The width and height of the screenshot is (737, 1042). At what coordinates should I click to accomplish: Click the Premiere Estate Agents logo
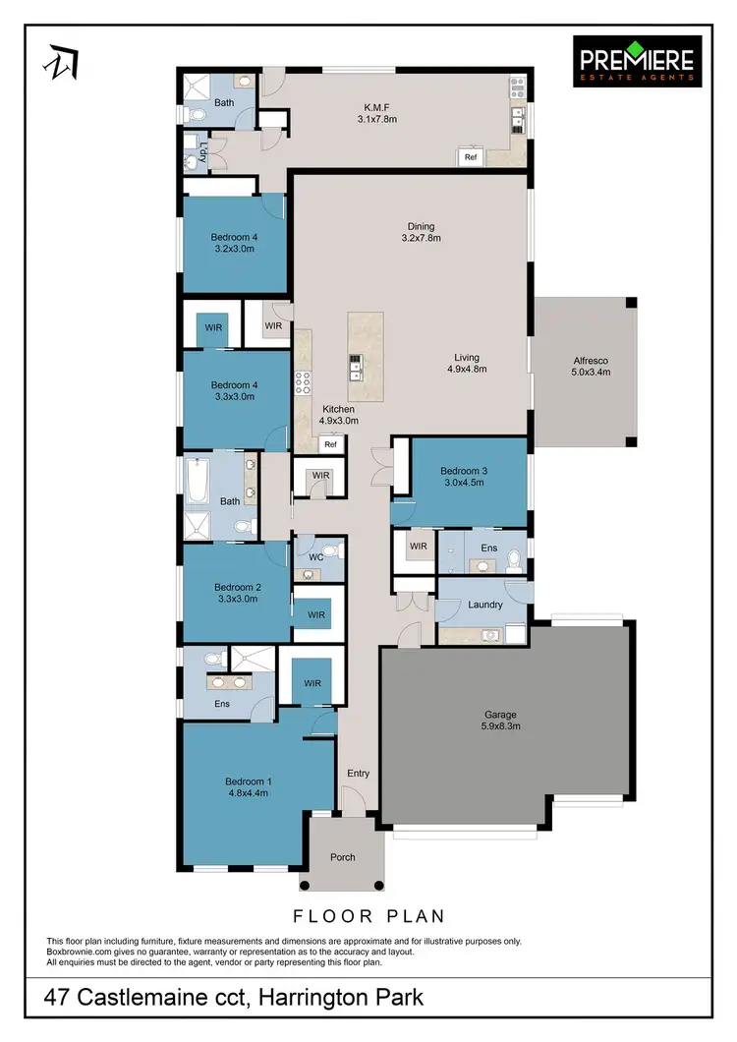(637, 60)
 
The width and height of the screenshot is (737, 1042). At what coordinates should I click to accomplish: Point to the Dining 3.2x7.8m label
(421, 232)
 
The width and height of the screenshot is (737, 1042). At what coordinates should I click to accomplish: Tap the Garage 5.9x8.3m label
(500, 721)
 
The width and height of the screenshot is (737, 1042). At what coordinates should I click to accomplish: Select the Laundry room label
(485, 605)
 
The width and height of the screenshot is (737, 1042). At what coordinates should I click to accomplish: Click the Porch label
(343, 857)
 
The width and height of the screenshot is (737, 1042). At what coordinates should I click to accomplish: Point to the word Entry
(358, 774)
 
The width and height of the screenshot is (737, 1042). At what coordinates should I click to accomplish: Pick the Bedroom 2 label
(236, 592)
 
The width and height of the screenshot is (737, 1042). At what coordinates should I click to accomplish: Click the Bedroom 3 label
(464, 477)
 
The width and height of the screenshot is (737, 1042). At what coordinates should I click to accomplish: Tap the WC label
(315, 556)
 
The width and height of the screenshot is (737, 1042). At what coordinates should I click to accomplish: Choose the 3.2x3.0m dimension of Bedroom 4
(234, 249)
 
